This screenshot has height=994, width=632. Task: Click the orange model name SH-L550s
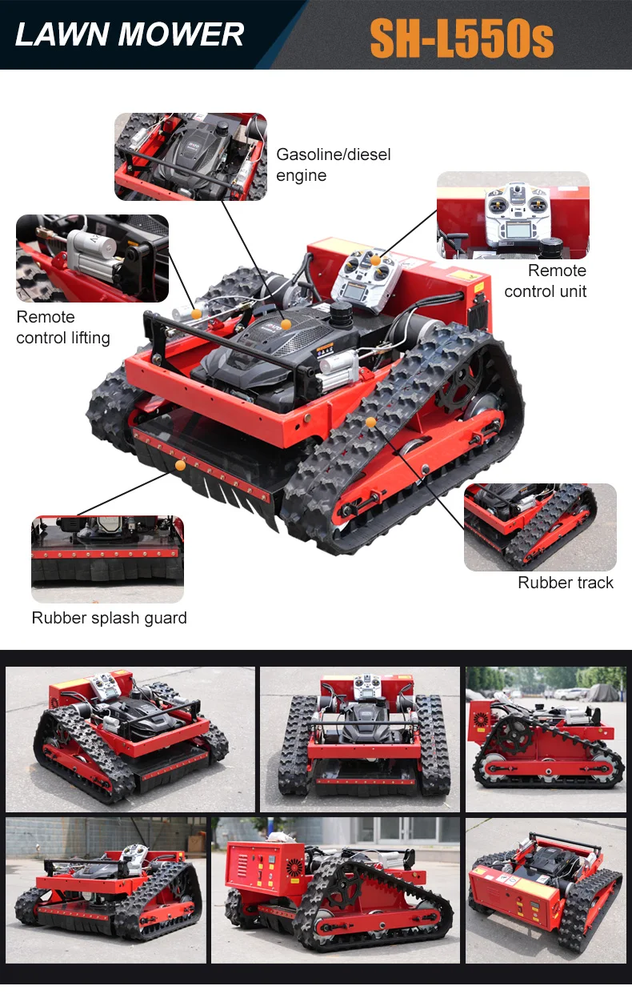pyautogui.click(x=462, y=38)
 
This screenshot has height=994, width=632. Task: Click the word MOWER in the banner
pyautogui.click(x=181, y=34)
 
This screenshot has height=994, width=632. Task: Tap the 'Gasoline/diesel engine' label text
pyautogui.click(x=333, y=165)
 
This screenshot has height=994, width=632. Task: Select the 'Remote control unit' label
pyautogui.click(x=545, y=280)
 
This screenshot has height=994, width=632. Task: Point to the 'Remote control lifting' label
pyautogui.click(x=63, y=327)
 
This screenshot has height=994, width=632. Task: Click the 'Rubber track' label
pyautogui.click(x=566, y=582)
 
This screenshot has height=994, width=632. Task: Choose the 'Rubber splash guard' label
pyautogui.click(x=109, y=618)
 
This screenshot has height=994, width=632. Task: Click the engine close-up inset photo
pyautogui.click(x=190, y=157)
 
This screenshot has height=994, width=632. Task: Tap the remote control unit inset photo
pyautogui.click(x=513, y=215)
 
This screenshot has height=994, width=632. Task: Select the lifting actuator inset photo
pyautogui.click(x=92, y=259)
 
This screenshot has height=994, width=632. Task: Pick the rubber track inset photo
pyautogui.click(x=540, y=527)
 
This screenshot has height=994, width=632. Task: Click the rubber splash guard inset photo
pyautogui.click(x=107, y=559)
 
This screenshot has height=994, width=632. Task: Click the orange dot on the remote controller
pyautogui.click(x=376, y=260)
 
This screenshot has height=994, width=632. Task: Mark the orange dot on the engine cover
pyautogui.click(x=286, y=324)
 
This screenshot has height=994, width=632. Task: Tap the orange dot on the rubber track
pyautogui.click(x=371, y=422)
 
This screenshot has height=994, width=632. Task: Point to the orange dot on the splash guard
pyautogui.click(x=180, y=465)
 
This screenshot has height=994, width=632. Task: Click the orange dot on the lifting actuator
pyautogui.click(x=197, y=314)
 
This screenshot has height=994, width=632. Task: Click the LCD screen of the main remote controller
pyautogui.click(x=355, y=291)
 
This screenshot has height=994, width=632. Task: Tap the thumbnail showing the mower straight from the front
pyautogui.click(x=360, y=739)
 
